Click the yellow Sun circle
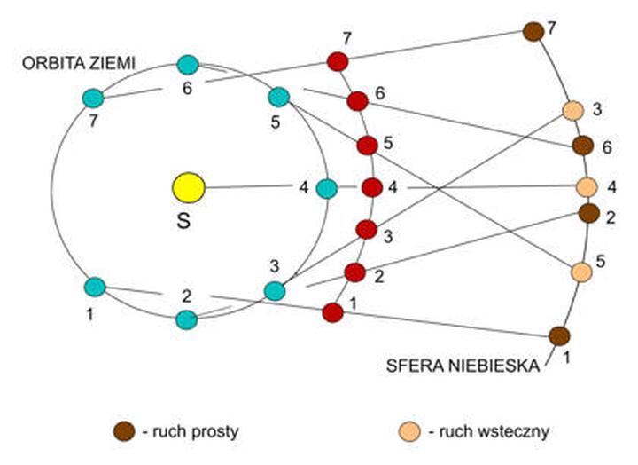[188, 187]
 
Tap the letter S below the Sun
[183, 220]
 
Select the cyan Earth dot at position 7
[93, 98]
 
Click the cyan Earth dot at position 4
[327, 188]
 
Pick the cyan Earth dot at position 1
[95, 287]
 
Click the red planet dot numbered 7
[338, 61]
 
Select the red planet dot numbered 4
[372, 188]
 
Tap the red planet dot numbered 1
[332, 312]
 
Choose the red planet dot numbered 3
[367, 230]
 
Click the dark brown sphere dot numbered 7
[533, 31]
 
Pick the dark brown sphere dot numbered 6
[582, 145]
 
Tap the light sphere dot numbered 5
[580, 272]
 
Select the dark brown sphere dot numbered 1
[558, 335]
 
